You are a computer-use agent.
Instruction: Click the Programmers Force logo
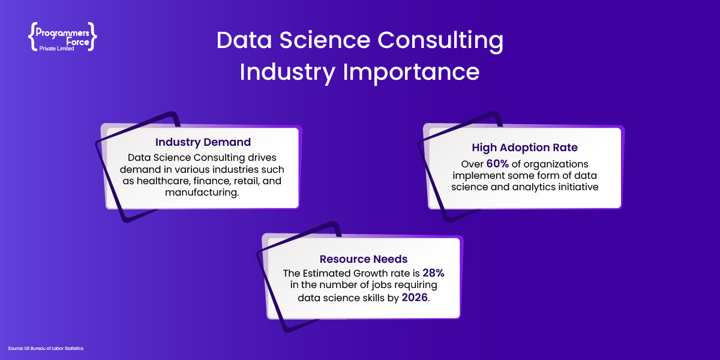pyautogui.click(x=62, y=37)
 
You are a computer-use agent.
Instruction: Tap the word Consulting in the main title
pyautogui.click(x=440, y=41)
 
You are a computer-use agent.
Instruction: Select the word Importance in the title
pyautogui.click(x=411, y=73)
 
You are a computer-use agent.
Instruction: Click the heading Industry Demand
pyautogui.click(x=203, y=142)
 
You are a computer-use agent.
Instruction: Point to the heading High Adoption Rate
pyautogui.click(x=524, y=148)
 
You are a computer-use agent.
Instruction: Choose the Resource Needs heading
pyautogui.click(x=364, y=259)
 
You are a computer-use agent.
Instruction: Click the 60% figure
pyautogui.click(x=497, y=164)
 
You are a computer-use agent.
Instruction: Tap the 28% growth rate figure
pyautogui.click(x=433, y=273)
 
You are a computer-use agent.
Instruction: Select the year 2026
pyautogui.click(x=415, y=298)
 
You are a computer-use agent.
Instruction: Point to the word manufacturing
pyautogui.click(x=202, y=193)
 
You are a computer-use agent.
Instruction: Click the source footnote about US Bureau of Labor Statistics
pyautogui.click(x=46, y=349)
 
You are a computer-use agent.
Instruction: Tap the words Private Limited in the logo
pyautogui.click(x=56, y=49)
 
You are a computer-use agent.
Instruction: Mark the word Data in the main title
pyautogui.click(x=244, y=41)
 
